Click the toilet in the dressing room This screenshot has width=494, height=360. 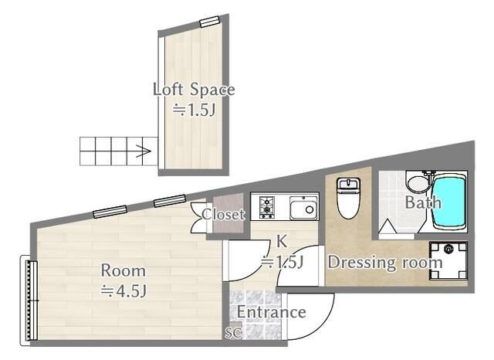348,198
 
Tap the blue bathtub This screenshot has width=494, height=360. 449,201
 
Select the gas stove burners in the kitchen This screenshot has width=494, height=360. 266,207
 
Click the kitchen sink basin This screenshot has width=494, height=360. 303,208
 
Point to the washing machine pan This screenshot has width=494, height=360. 448,260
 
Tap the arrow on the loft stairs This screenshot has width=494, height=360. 144,151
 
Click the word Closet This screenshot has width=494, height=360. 223,215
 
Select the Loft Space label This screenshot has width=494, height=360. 194,90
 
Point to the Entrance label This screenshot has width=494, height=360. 271,312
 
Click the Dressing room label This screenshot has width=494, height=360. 385,263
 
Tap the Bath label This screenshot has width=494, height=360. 423,202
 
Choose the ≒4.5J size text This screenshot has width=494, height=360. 123,291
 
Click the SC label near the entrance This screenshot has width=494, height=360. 233,332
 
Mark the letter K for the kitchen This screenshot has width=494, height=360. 281,242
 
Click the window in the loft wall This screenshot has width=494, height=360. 209,22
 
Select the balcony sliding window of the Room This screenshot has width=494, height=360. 29,301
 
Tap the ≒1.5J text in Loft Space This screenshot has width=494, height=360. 194,110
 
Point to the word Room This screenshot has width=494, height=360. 123,271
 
